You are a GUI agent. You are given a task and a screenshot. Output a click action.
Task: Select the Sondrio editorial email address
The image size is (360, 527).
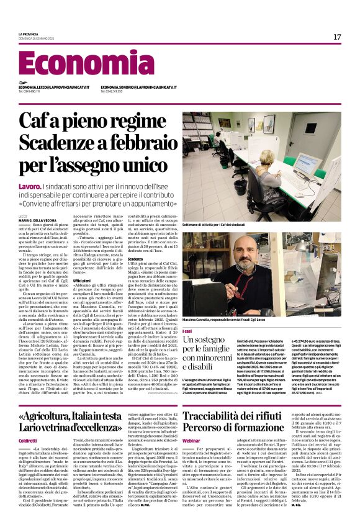pos(138,88)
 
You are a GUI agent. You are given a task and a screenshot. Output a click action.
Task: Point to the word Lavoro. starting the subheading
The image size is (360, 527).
pos(30,186)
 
